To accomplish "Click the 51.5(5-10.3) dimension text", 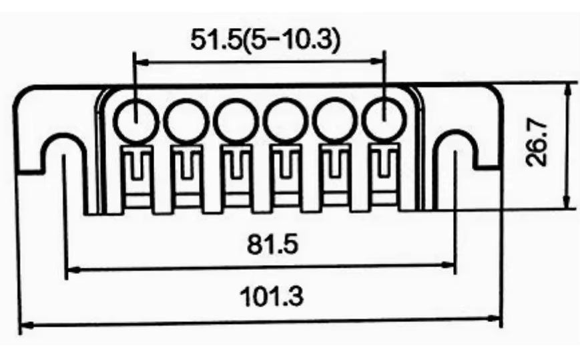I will click(265, 41).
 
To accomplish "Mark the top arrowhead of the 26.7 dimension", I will click(567, 87).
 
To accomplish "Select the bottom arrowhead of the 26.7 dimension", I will click(567, 204).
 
